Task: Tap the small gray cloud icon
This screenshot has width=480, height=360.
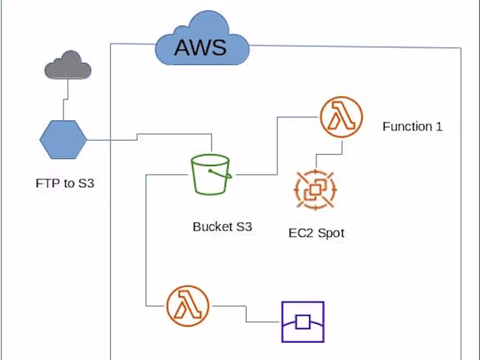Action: pyautogui.click(x=68, y=65)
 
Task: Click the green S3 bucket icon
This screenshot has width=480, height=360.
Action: pyautogui.click(x=211, y=175)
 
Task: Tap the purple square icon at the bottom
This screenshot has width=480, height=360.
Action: pyautogui.click(x=303, y=322)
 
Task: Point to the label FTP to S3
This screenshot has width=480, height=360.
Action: pyautogui.click(x=65, y=184)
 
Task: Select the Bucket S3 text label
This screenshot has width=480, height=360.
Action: pyautogui.click(x=222, y=227)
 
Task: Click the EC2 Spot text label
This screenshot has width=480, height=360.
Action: pyautogui.click(x=316, y=233)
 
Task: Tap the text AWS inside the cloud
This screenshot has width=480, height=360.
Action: pyautogui.click(x=200, y=46)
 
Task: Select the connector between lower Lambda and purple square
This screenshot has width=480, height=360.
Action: pyautogui.click(x=246, y=313)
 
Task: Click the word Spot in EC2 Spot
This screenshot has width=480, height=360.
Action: pyautogui.click(x=331, y=233)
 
